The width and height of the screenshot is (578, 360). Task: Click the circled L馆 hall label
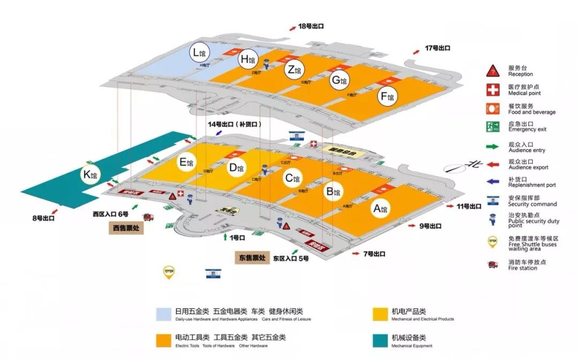point(200,52)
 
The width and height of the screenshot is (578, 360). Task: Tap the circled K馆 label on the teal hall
point(90,174)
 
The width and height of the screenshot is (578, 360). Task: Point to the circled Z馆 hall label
point(294,70)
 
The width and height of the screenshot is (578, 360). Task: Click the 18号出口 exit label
point(311,26)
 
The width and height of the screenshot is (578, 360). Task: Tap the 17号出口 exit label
point(437,48)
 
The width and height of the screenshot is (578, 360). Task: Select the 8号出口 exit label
point(43,218)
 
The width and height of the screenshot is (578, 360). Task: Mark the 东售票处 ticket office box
point(252,258)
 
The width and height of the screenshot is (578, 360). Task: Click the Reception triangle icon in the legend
point(493,71)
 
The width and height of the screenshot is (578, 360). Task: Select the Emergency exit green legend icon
point(493,127)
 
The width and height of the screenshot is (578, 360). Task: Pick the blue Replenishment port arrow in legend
point(493,182)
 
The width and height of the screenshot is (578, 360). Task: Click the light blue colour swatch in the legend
point(163,312)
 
